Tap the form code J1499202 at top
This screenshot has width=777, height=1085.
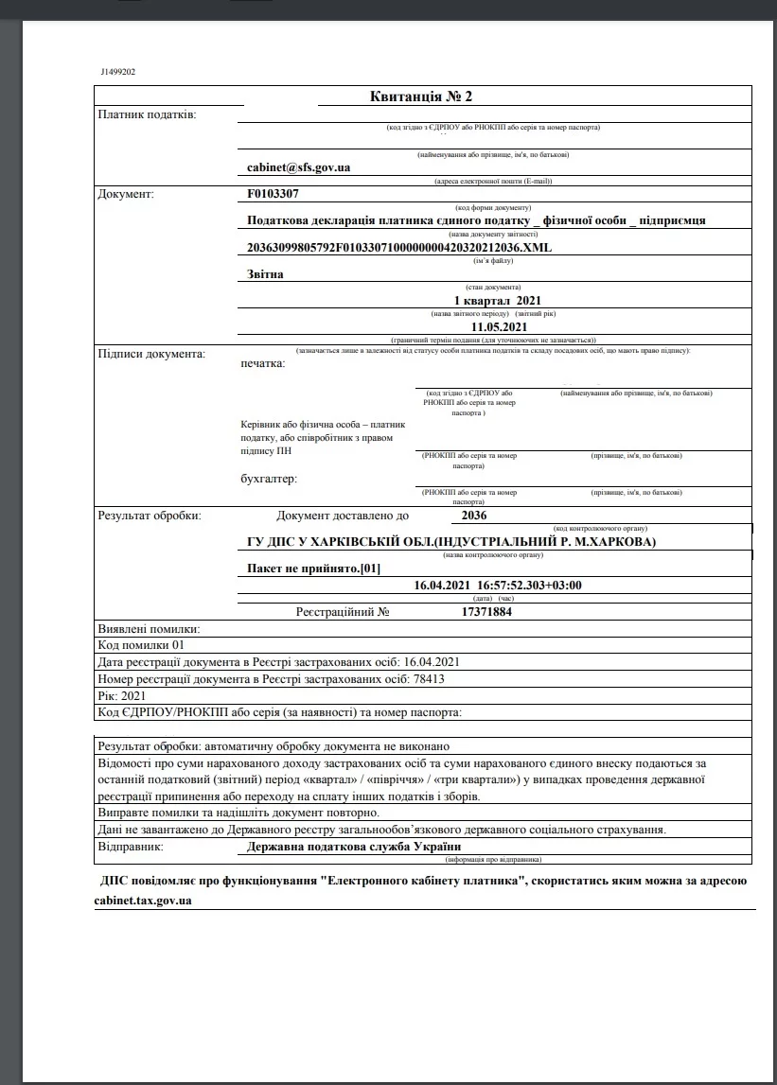tap(117, 72)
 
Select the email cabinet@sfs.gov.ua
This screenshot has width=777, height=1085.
tap(298, 167)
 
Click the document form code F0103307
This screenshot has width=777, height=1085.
tap(273, 194)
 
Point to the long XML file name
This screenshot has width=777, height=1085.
tap(397, 247)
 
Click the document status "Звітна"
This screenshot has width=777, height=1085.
tap(265, 274)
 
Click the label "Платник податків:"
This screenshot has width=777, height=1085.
tap(148, 114)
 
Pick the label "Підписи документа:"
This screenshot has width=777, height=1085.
tap(151, 354)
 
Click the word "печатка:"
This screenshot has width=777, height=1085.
tap(263, 363)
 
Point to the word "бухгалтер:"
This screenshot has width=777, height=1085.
tap(269, 479)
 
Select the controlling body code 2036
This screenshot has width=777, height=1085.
tap(473, 516)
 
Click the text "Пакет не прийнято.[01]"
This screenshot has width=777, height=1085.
tap(313, 569)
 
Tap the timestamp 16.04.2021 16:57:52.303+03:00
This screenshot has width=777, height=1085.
tap(498, 586)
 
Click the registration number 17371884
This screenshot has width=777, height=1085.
tap(486, 612)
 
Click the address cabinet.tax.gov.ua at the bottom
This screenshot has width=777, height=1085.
tap(144, 901)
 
